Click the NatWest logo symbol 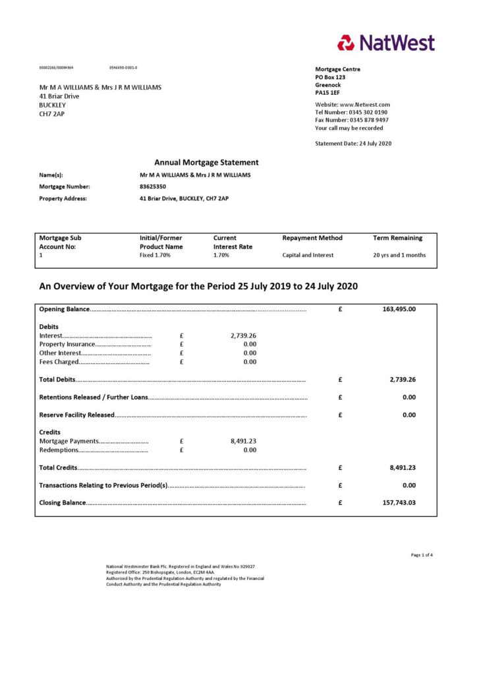(x=346, y=43)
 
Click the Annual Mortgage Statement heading (x=206, y=162)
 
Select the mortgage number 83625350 (x=153, y=187)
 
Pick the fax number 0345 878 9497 (x=369, y=120)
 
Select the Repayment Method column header (x=312, y=238)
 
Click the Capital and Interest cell (x=308, y=255)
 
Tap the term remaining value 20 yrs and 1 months (x=399, y=255)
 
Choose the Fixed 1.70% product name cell (x=155, y=255)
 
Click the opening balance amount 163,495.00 (x=399, y=308)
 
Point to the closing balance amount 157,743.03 (x=399, y=502)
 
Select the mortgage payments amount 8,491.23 (x=243, y=441)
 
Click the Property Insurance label (x=67, y=344)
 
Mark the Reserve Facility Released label (x=77, y=415)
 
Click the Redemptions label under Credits (x=59, y=450)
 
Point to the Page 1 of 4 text (x=422, y=555)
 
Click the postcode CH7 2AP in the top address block (x=52, y=113)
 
